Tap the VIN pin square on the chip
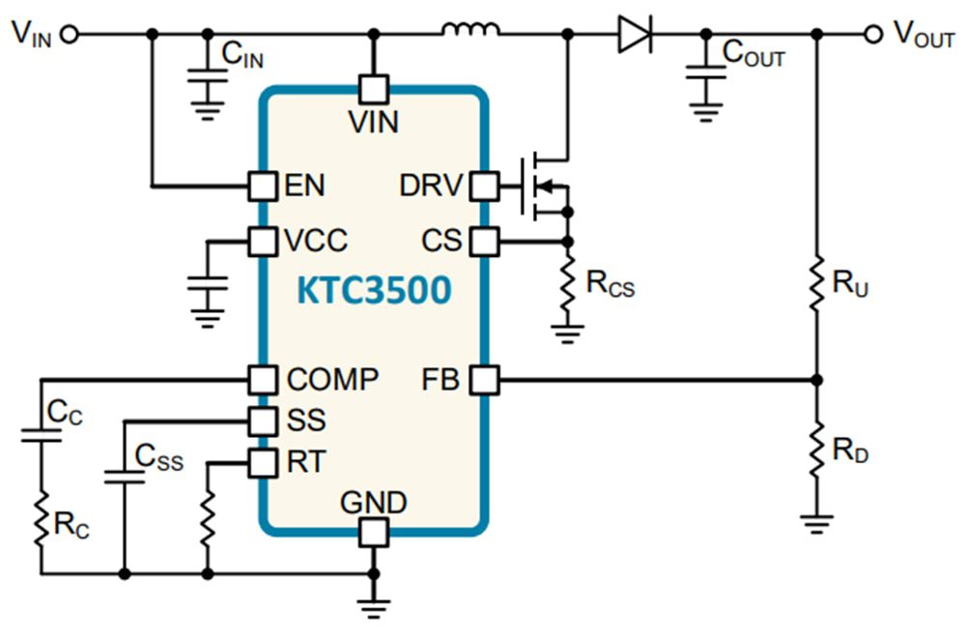click(373, 90)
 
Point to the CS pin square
click(483, 240)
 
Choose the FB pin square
click(483, 380)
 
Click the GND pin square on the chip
click(373, 530)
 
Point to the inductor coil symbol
click(471, 32)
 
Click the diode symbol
click(635, 35)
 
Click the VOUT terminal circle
click(873, 35)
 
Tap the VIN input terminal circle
click(68, 35)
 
